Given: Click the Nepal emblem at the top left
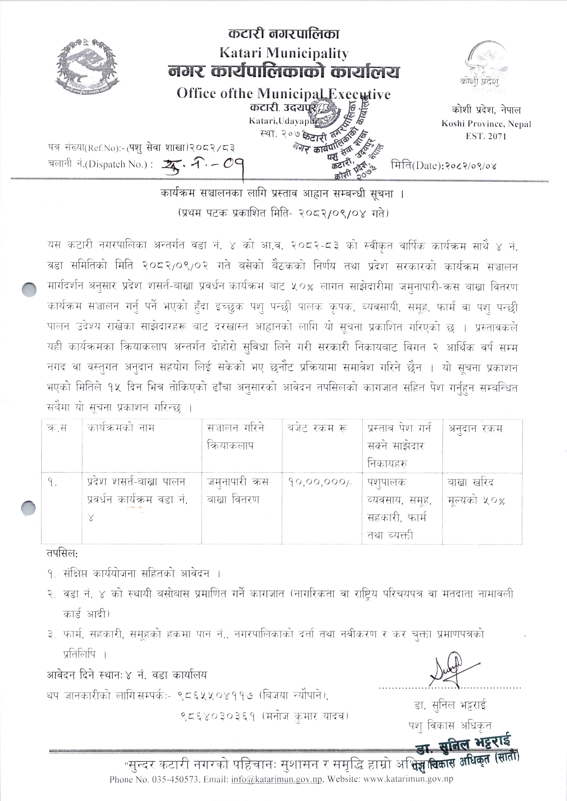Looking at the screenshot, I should [x=85, y=68].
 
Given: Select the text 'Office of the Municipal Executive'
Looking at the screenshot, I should [x=283, y=93].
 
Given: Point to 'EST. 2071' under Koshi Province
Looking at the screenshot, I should [x=486, y=136].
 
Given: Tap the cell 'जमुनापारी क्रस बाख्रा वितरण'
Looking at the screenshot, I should [x=237, y=491].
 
